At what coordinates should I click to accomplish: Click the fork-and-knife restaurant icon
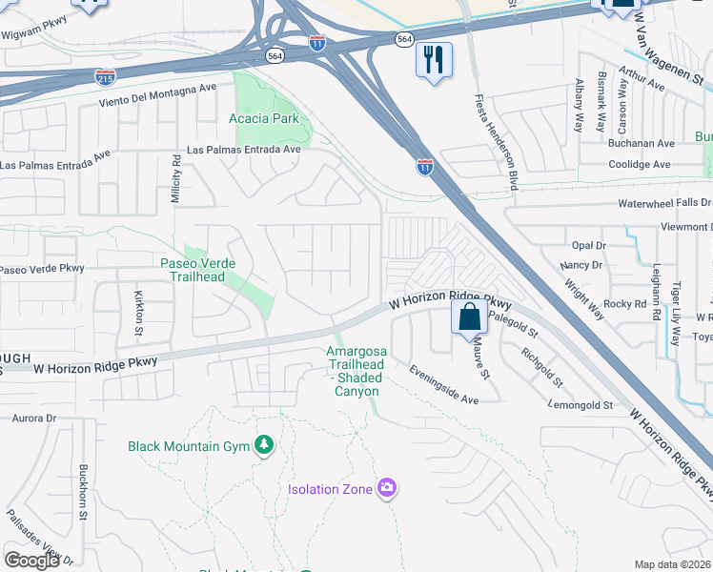pyautogui.click(x=432, y=59)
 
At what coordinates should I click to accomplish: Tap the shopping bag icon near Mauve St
pyautogui.click(x=469, y=317)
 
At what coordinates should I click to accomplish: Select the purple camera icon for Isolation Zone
pyautogui.click(x=386, y=488)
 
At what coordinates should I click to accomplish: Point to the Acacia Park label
pyautogui.click(x=264, y=119)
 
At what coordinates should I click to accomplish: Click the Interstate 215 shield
pyautogui.click(x=106, y=76)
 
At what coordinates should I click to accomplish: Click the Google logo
pyautogui.click(x=31, y=561)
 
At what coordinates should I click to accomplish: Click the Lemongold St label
pyautogui.click(x=580, y=405)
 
